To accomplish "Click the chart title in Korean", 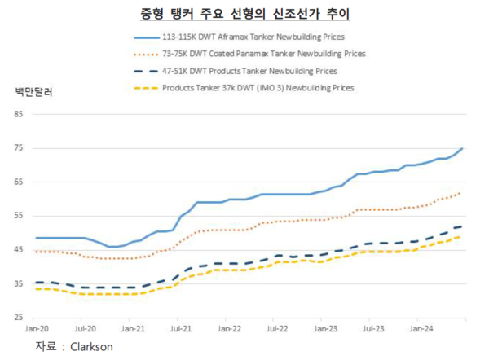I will (x=244, y=13).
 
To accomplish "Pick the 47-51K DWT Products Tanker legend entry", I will (x=249, y=71).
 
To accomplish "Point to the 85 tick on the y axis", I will (x=18, y=114).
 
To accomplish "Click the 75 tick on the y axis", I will (x=18, y=147).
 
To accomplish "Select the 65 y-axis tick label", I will (x=18, y=182).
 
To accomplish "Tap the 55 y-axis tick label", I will (x=18, y=215).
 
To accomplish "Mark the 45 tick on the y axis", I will (x=18, y=248).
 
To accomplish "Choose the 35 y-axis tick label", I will (x=18, y=283).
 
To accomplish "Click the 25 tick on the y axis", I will (x=18, y=316).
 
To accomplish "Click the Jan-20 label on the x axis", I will (x=37, y=329).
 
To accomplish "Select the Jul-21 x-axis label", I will (x=180, y=329).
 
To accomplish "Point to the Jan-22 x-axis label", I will (x=228, y=329).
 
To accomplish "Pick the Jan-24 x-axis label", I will (x=421, y=329).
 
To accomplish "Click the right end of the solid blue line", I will (x=463, y=149).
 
